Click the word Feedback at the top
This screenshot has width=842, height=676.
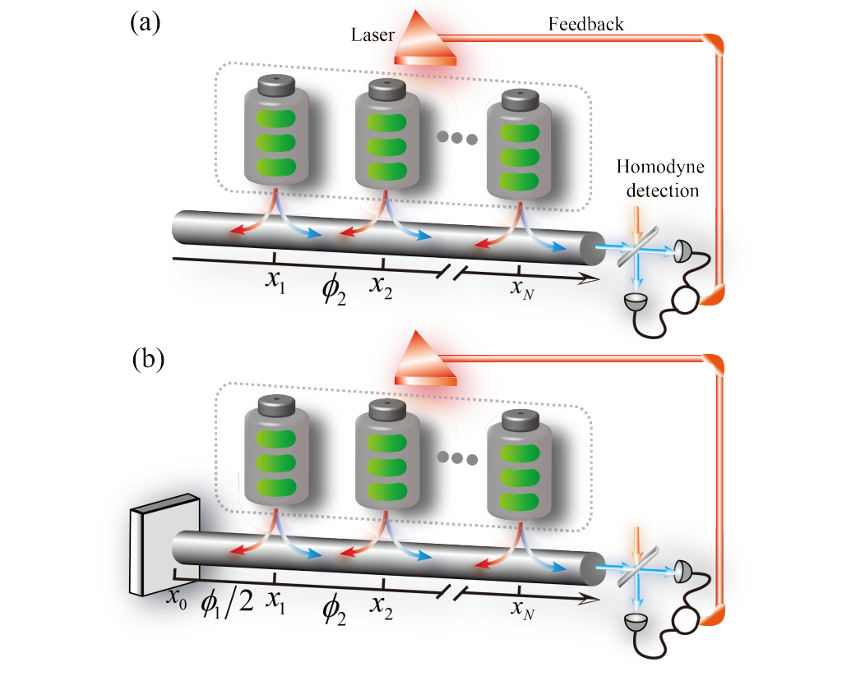coord(585,24)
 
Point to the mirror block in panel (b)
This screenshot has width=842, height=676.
coord(162,544)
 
